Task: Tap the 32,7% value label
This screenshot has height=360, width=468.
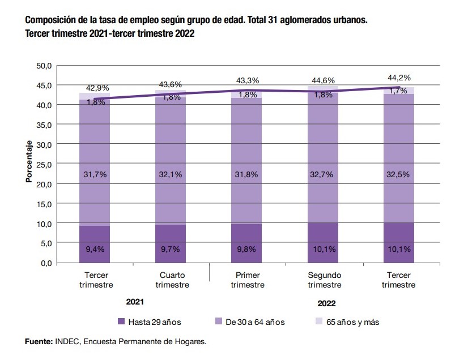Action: [324, 175]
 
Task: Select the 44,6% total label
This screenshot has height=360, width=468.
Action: [324, 80]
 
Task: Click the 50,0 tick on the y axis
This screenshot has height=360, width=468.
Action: [44, 66]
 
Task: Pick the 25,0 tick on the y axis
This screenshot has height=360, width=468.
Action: [44, 164]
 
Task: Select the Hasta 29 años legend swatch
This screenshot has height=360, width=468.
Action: [120, 322]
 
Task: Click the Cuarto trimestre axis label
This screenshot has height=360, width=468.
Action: [171, 280]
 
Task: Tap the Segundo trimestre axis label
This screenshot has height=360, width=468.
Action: [324, 280]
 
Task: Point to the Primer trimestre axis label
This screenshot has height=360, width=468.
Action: [247, 280]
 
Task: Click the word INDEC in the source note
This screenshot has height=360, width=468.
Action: [66, 342]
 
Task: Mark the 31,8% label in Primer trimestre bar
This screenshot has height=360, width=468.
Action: [247, 175]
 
